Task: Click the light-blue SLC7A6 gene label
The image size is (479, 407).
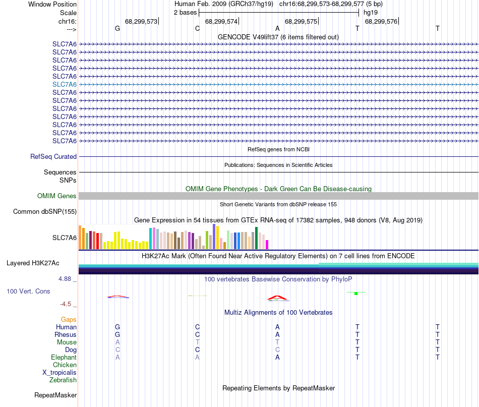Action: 65,84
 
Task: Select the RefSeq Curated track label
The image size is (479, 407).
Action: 53,157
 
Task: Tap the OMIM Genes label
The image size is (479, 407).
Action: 57,196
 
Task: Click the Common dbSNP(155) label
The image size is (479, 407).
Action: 45,212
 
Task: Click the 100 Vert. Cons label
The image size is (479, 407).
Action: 28,292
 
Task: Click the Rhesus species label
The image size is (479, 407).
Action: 66,334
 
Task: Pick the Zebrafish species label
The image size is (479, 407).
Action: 63,380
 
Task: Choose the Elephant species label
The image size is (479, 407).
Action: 64,357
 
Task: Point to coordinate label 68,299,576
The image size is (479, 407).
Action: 381,22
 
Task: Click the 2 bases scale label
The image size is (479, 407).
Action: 186,12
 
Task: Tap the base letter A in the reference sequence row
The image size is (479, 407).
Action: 277,28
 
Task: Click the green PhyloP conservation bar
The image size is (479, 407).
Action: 356,294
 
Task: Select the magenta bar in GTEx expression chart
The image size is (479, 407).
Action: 267,245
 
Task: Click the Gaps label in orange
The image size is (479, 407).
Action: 69,319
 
